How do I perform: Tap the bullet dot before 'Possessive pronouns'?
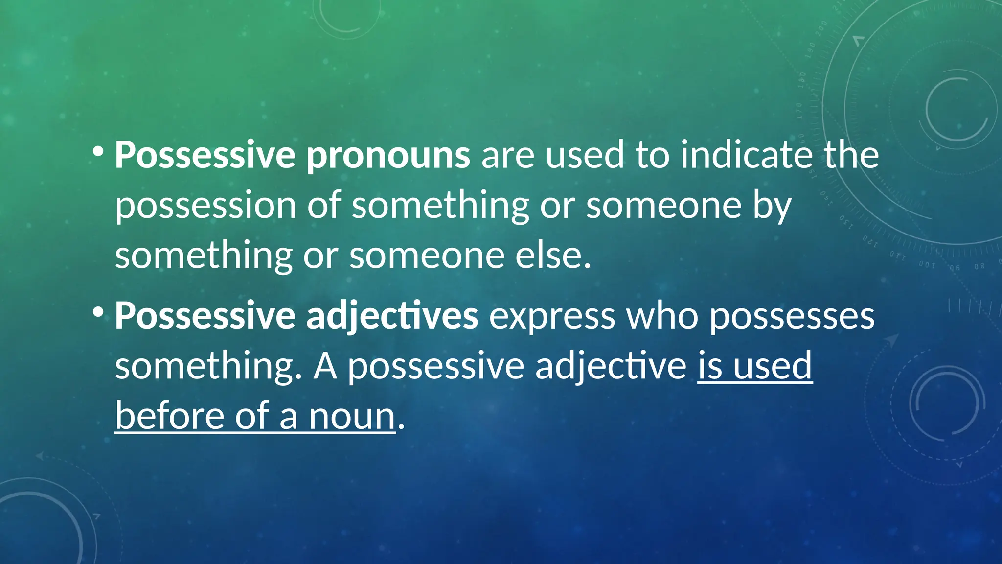(98, 151)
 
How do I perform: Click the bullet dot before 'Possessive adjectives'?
(98, 311)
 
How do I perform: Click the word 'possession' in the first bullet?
(205, 207)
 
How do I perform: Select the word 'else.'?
(553, 256)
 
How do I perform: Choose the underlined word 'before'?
(169, 416)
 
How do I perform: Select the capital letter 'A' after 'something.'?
(325, 366)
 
